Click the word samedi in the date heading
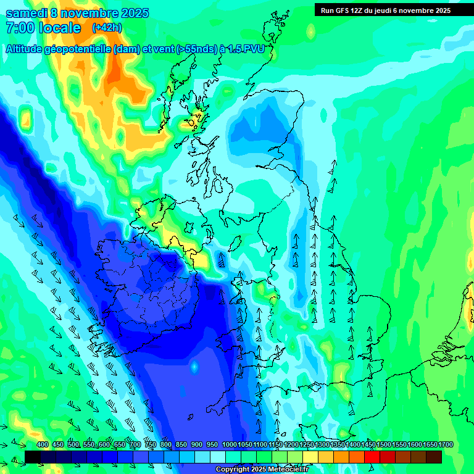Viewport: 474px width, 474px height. [x=26, y=13]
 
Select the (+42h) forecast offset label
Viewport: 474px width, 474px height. [x=107, y=28]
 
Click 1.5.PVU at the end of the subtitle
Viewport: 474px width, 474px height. [x=247, y=49]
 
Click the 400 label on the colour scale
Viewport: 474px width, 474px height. [x=42, y=445]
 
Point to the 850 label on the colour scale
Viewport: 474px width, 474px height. [x=181, y=445]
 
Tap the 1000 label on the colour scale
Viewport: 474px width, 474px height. [x=229, y=445]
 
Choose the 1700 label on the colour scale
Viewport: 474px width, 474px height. [x=445, y=445]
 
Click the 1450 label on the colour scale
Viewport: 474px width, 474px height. [x=368, y=445]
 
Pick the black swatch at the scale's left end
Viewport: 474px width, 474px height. [x=33, y=457]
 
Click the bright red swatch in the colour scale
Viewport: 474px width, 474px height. [x=372, y=457]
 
